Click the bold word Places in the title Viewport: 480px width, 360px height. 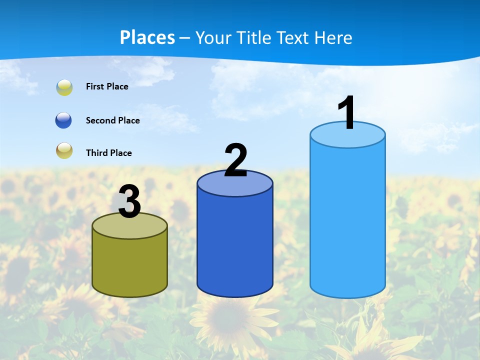coord(147,37)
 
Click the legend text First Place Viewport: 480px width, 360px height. coord(107,86)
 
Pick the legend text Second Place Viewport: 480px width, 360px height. coord(112,120)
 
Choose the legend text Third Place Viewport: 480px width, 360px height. coord(108,153)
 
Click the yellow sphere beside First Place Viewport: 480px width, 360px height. coord(64,87)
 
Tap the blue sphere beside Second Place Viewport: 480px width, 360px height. coord(64,120)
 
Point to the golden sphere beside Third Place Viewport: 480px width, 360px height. coord(64,150)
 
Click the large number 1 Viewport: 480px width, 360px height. coord(346,113)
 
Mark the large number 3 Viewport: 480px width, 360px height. coord(129,201)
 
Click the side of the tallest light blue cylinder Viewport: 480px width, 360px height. coord(347,220)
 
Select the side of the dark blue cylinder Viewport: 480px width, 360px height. coord(235,245)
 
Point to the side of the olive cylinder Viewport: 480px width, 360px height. coord(129,265)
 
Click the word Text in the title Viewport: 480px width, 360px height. coord(295,37)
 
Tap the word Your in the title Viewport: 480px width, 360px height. coord(212,37)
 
